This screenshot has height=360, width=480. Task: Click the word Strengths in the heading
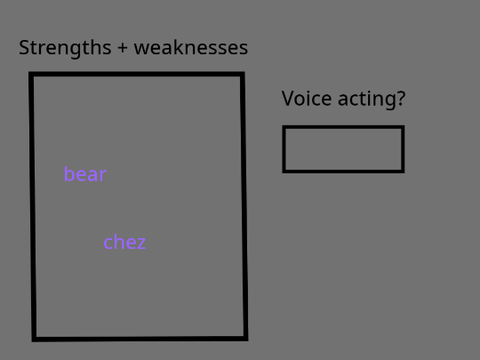(65, 48)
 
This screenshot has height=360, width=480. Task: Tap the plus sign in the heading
(122, 48)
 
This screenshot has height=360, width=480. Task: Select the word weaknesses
(191, 48)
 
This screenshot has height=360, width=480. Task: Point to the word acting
(367, 99)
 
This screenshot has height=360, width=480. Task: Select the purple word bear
(85, 174)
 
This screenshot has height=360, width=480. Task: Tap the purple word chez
(125, 242)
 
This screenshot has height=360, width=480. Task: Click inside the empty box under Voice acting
(343, 149)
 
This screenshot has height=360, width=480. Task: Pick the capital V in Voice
(288, 99)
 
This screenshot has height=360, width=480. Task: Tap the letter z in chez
(141, 244)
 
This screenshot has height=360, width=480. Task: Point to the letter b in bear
(69, 174)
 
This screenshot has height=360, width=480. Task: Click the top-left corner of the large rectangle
(31, 74)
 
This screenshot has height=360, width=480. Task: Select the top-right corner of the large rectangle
(243, 74)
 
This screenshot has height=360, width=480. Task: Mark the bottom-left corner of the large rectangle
(34, 339)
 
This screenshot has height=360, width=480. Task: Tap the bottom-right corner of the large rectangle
(246, 338)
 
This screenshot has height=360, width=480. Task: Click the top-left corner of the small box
(284, 127)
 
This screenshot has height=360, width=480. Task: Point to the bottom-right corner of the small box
(403, 171)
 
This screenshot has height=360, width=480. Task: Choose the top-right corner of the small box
(403, 127)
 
